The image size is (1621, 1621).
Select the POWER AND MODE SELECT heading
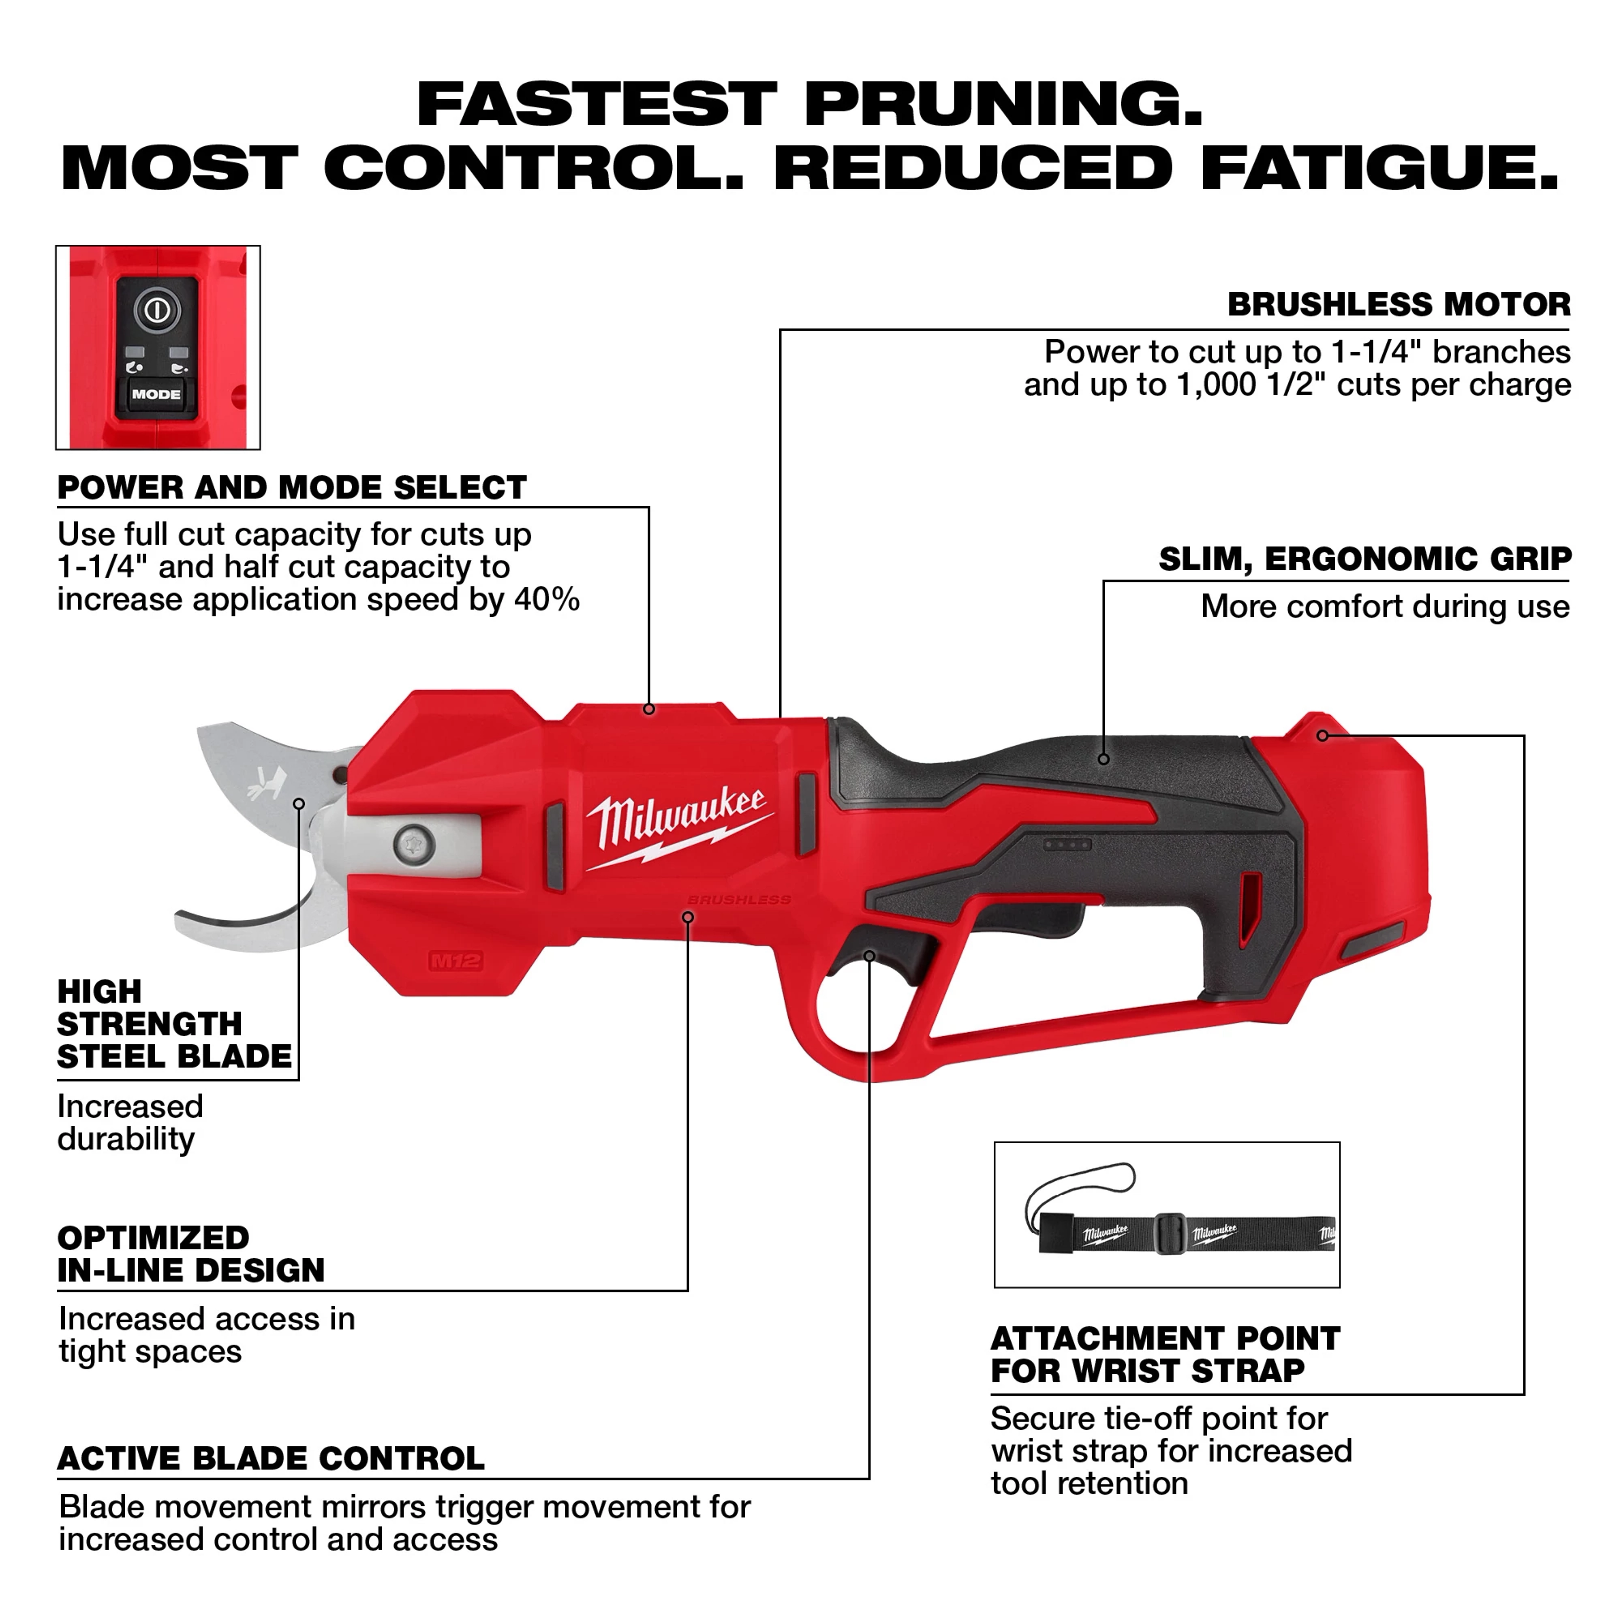(292, 488)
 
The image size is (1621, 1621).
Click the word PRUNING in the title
(1003, 105)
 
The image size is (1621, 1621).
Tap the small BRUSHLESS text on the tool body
(738, 899)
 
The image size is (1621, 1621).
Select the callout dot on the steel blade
(299, 804)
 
